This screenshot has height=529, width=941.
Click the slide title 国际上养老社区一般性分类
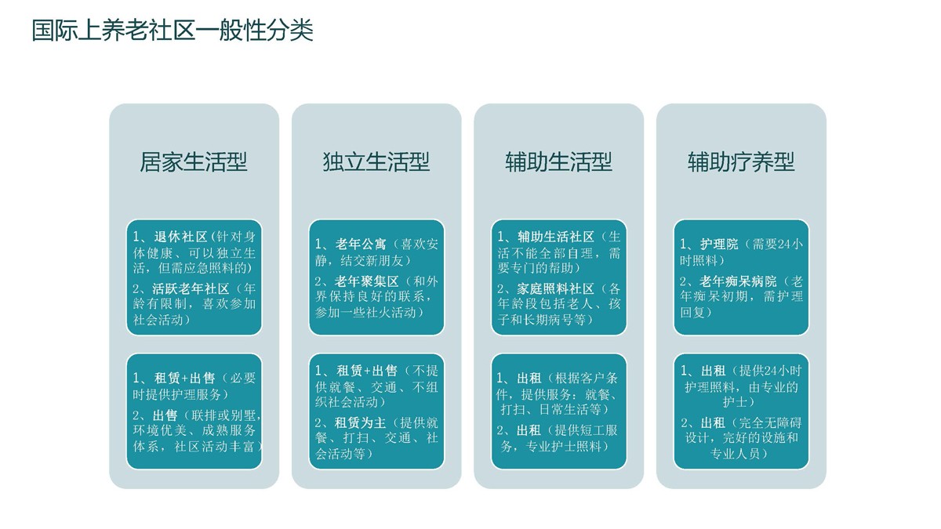click(x=173, y=30)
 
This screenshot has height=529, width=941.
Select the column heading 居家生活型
click(x=194, y=162)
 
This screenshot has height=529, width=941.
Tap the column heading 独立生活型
click(x=376, y=162)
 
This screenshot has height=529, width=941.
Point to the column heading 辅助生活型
click(x=558, y=162)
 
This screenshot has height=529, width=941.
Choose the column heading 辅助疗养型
click(x=741, y=162)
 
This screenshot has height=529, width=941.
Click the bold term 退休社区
click(x=180, y=237)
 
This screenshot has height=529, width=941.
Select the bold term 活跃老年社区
click(x=191, y=289)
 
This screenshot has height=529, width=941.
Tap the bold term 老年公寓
click(x=361, y=244)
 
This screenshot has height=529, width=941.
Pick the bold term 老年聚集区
click(x=366, y=281)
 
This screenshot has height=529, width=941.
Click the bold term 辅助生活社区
click(x=556, y=237)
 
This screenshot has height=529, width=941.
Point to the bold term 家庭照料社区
click(x=555, y=289)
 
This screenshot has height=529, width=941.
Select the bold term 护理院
click(x=719, y=244)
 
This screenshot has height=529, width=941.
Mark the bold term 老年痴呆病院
click(x=738, y=281)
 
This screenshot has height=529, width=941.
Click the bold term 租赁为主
click(x=360, y=422)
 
